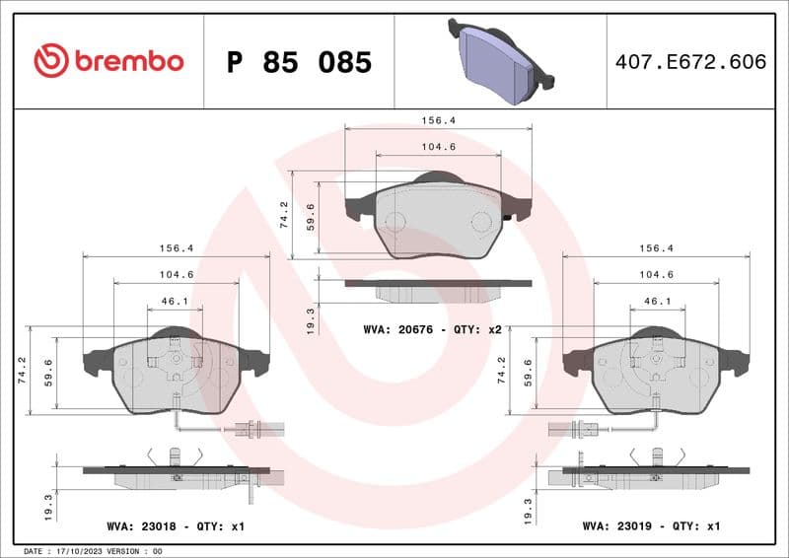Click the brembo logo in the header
coord(108,61)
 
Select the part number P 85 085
coord(299,62)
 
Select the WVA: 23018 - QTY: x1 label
coord(176,527)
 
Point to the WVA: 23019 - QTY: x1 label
coord(652,527)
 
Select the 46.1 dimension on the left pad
coord(176,302)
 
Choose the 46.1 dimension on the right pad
coord(657,302)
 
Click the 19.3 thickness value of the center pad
coord(312,319)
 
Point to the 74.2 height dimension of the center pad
coord(284,215)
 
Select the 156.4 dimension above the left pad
coord(176,249)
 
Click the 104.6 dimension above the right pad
coord(656,275)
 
